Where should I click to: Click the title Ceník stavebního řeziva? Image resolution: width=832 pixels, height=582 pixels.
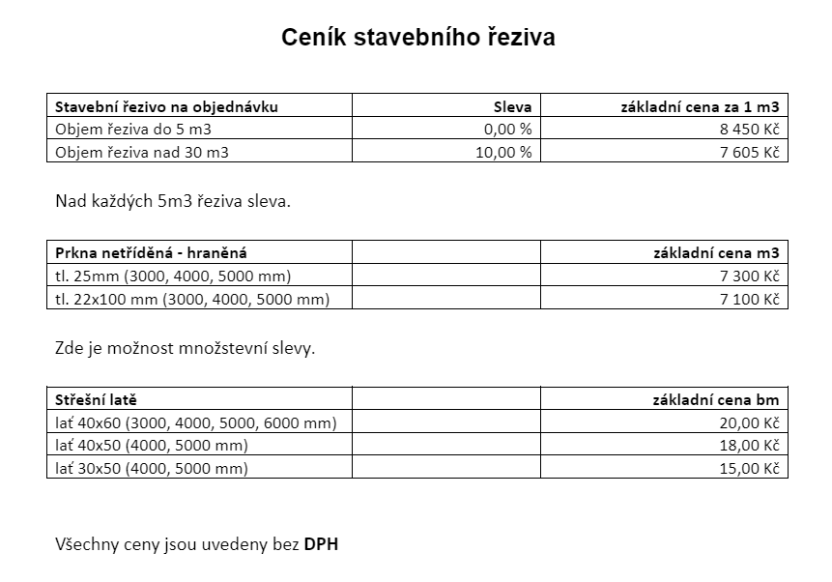coord(417,38)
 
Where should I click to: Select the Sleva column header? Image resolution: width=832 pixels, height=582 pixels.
coord(512,106)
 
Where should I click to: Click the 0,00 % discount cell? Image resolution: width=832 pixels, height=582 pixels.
coord(508,130)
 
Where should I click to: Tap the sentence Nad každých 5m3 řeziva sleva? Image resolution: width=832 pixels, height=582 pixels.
coord(173,203)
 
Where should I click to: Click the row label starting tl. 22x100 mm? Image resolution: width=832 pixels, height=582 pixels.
coord(192,299)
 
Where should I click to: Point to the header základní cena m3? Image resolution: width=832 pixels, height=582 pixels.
coord(717,253)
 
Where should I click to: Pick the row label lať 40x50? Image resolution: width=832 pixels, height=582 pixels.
coord(151,446)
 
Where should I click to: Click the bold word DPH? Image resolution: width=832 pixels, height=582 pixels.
coord(322,544)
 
